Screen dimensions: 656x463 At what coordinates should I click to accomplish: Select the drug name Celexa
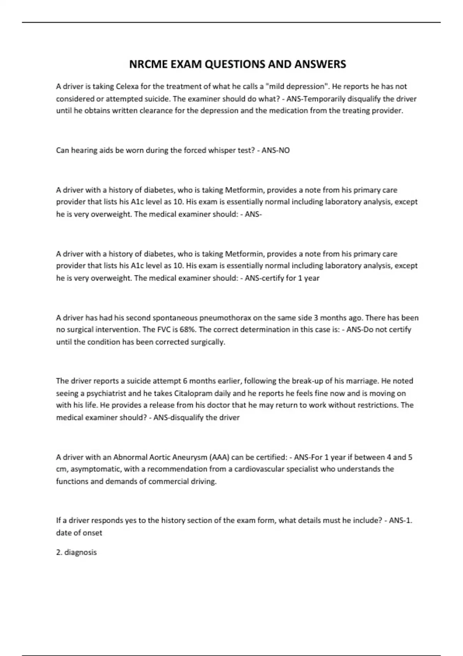point(127,86)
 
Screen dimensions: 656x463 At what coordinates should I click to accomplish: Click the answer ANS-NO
point(275,150)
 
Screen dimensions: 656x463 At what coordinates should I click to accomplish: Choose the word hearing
point(84,150)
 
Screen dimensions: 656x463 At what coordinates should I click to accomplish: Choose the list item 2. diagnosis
point(76,553)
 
